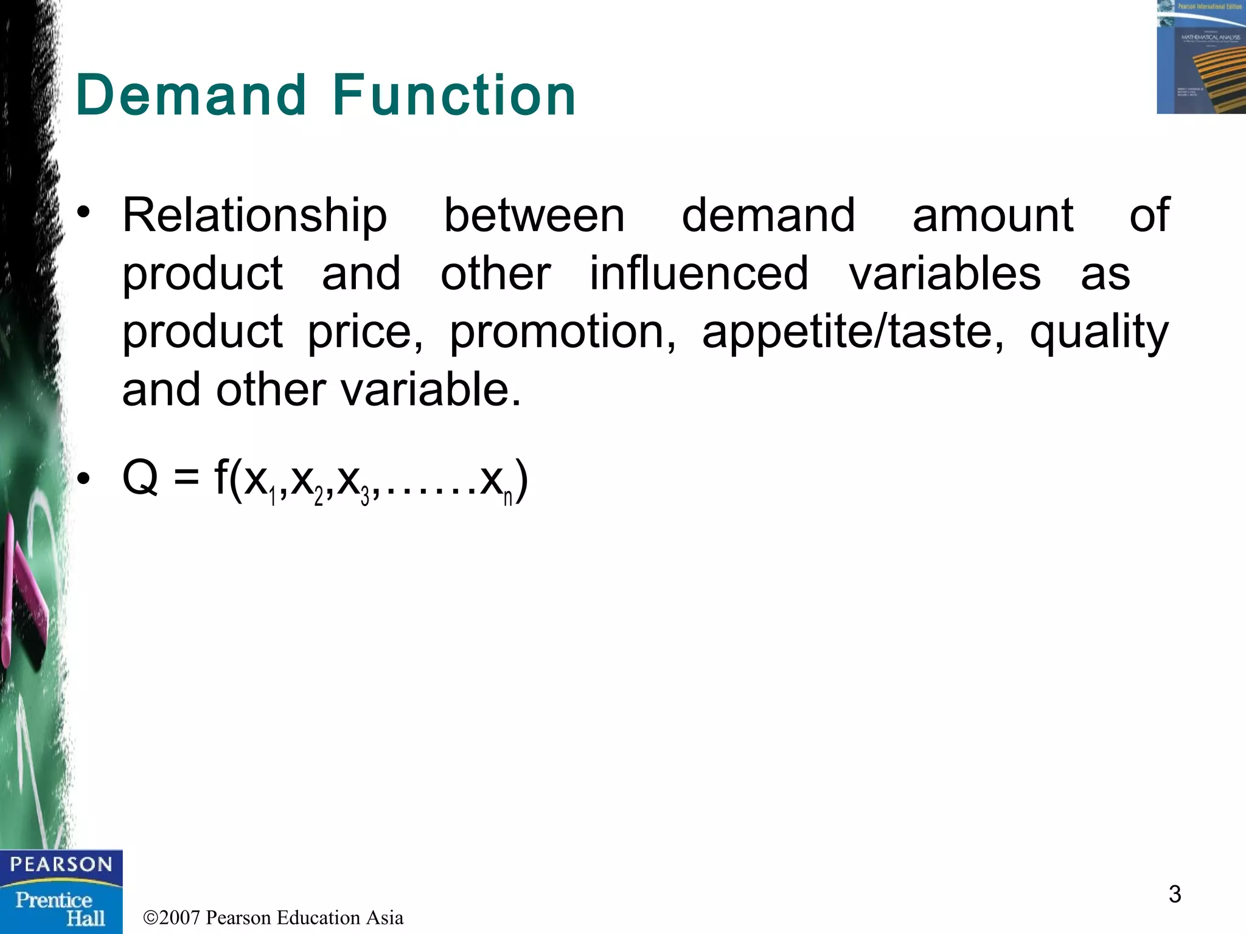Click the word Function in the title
point(454,95)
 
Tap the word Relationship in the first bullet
point(254,216)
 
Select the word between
point(534,215)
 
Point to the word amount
point(992,215)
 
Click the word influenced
point(699,273)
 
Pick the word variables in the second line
point(944,273)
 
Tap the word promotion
point(562,333)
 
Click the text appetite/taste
point(852,333)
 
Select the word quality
point(1099,333)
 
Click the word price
point(365,333)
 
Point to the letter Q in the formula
point(140,478)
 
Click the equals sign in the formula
point(186,478)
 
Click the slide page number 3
point(1174,894)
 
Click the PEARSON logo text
point(61,864)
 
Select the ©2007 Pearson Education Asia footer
point(273,917)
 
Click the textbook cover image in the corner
point(1201,57)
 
